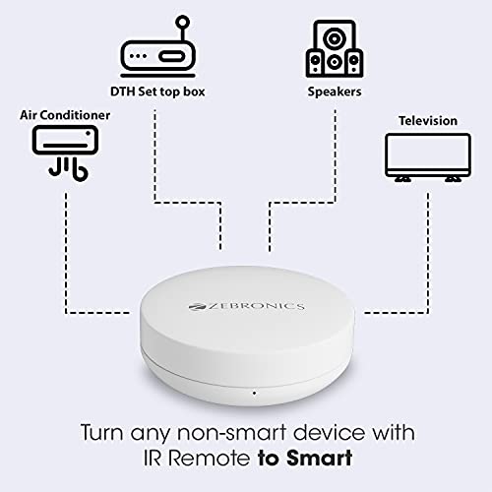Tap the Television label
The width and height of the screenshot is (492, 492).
427,121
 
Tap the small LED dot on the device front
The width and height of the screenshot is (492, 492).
253,394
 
